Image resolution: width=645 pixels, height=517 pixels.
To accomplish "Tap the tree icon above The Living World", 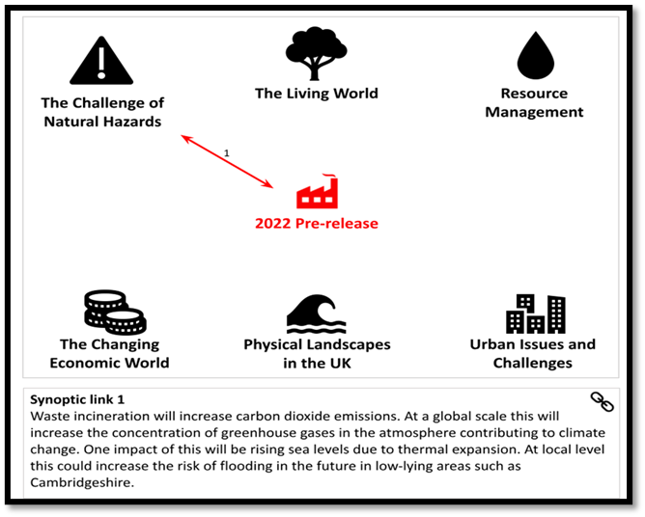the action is (x=316, y=53).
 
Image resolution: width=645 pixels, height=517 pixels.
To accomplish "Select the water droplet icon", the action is (x=536, y=55).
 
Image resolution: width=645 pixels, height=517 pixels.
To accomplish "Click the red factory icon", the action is (x=317, y=192).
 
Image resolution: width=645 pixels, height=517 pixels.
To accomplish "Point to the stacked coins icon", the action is (x=115, y=313).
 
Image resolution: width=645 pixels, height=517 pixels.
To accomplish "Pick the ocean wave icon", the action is (x=317, y=313).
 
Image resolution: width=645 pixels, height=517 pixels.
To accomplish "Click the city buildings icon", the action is (x=536, y=313).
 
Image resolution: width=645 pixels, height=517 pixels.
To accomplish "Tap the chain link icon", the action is (x=602, y=401).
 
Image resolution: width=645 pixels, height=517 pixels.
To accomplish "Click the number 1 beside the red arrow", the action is (x=226, y=153).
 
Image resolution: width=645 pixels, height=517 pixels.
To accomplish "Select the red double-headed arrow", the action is (x=227, y=161).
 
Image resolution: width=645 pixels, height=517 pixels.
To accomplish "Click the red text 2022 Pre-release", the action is (x=317, y=223).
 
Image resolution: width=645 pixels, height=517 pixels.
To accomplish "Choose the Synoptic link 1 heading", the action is (x=77, y=400).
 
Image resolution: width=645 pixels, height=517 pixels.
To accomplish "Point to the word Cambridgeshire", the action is (x=82, y=482).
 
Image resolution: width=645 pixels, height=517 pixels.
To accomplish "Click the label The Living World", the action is (x=317, y=94).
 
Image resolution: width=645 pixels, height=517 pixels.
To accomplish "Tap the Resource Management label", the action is (x=534, y=103).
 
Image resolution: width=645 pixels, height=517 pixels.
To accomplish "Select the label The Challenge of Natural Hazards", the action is (x=102, y=112).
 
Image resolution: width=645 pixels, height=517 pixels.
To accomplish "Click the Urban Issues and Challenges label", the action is (x=533, y=353).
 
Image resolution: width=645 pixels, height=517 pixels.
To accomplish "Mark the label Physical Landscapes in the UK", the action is (x=317, y=353).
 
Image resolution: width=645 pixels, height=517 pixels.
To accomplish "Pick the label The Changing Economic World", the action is (x=109, y=353).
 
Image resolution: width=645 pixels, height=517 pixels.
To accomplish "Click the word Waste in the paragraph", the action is (x=47, y=417).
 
